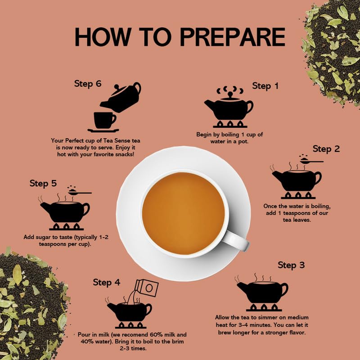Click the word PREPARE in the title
point(233,37)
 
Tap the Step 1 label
point(265,86)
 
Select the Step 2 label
point(326,149)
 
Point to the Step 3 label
point(291,265)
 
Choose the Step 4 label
point(107,283)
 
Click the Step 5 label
point(43,183)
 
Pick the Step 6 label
point(88,84)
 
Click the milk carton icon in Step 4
point(147,288)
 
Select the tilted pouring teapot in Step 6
point(121,98)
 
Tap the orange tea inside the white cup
point(183,213)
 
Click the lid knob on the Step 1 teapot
point(230,94)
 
